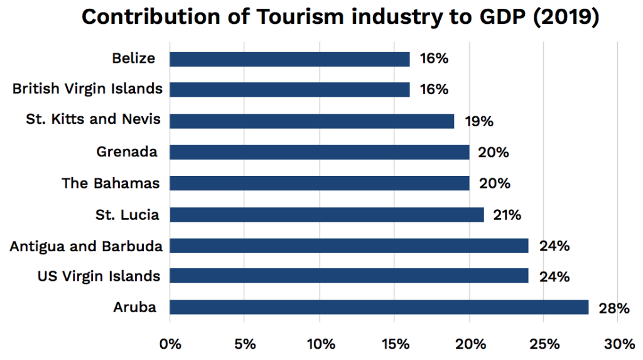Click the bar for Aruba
[x=379, y=307]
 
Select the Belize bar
[x=289, y=59]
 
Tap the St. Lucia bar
[x=327, y=215]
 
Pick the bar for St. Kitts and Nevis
[x=311, y=121]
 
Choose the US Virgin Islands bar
[x=349, y=276]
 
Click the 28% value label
[x=613, y=308]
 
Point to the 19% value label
[x=479, y=121]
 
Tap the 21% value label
[x=507, y=215]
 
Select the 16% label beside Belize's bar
[x=434, y=59]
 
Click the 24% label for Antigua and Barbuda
[x=554, y=246]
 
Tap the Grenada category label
[x=127, y=151]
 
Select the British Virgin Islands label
[x=87, y=89]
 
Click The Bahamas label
[x=111, y=183]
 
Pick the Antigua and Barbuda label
[x=86, y=246]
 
